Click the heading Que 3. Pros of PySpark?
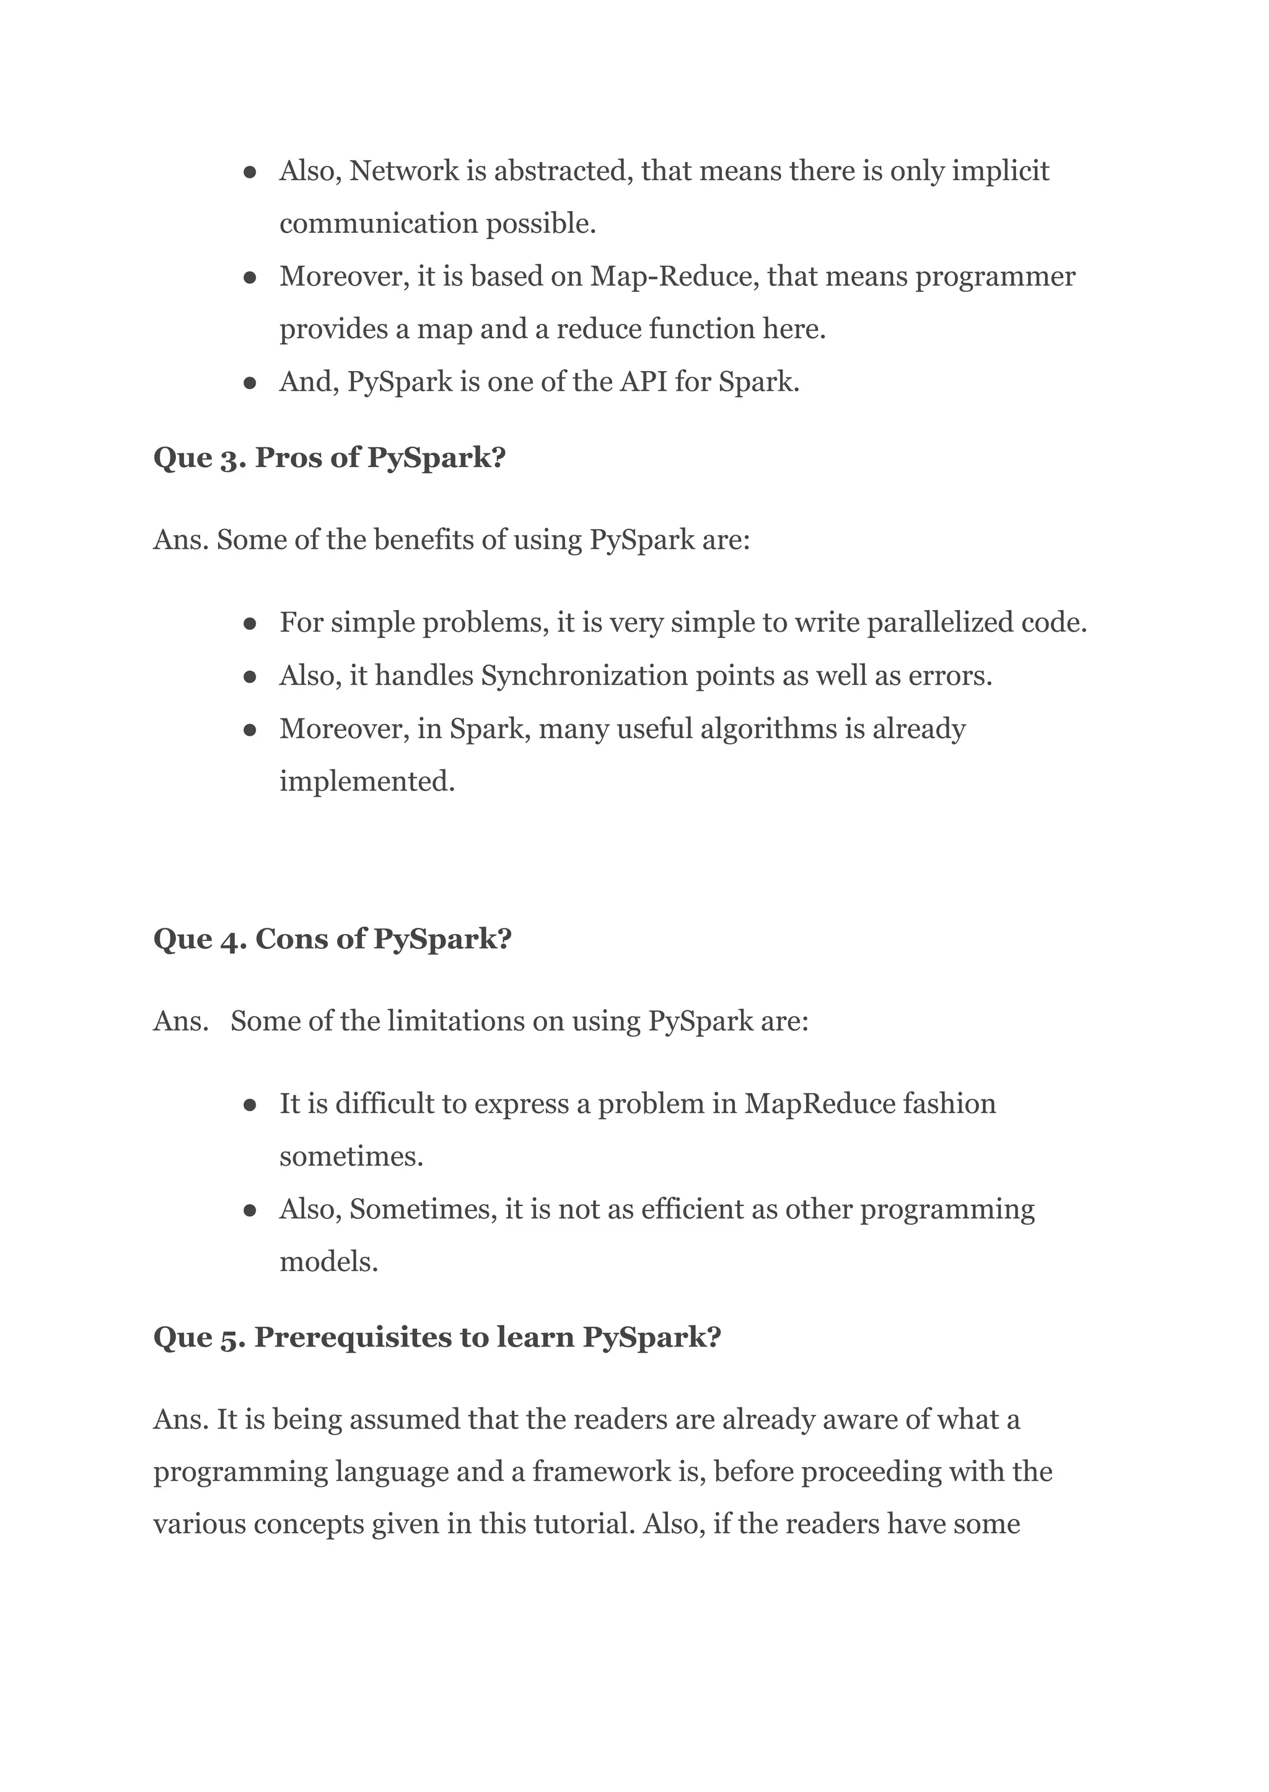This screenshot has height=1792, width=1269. (329, 458)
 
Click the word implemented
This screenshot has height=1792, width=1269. (366, 781)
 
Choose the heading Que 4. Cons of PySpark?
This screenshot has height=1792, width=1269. (332, 939)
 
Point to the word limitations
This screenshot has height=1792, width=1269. (455, 1021)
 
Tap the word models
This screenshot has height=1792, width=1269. (328, 1262)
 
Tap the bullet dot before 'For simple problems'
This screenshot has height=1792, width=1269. (250, 624)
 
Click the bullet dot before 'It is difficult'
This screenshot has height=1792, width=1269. (250, 1105)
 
